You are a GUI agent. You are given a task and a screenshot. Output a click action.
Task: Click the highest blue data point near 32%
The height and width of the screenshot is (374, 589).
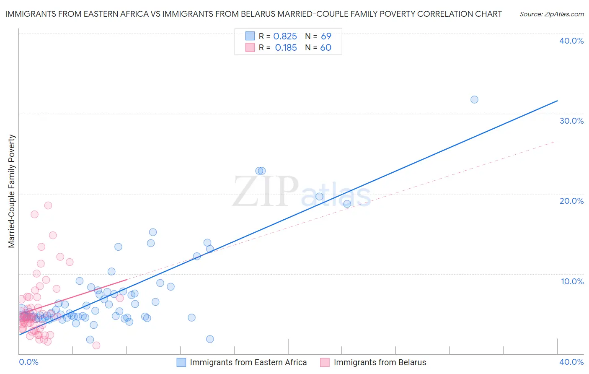pyautogui.click(x=474, y=100)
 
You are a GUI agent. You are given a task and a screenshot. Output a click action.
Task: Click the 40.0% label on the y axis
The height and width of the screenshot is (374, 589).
pyautogui.click(x=571, y=41)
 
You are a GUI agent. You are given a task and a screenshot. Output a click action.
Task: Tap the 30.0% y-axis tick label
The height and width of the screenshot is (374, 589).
pyautogui.click(x=571, y=121)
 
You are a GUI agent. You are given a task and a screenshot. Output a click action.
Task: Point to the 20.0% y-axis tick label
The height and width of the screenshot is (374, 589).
pyautogui.click(x=571, y=201)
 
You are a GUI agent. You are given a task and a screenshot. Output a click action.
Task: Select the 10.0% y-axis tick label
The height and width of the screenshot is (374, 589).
pyautogui.click(x=572, y=281)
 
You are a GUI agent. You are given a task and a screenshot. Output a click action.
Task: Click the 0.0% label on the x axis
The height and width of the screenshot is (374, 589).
pyautogui.click(x=28, y=362)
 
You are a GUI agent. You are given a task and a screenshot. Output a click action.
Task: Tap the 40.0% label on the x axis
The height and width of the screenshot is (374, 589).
pyautogui.click(x=571, y=362)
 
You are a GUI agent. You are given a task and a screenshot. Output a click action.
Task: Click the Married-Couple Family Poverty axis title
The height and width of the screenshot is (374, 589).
pyautogui.click(x=12, y=191)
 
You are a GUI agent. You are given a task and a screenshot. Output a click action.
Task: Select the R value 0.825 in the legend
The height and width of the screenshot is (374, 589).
pyautogui.click(x=285, y=36)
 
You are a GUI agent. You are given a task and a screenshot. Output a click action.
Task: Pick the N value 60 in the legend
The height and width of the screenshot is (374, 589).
pyautogui.click(x=325, y=48)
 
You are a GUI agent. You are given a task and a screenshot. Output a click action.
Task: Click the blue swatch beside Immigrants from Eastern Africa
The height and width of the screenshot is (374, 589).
pyautogui.click(x=181, y=362)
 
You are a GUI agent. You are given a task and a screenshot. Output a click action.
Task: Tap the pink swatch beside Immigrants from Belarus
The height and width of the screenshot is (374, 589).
pyautogui.click(x=325, y=362)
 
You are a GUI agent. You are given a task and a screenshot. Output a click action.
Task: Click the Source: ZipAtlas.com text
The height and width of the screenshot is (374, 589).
pyautogui.click(x=551, y=14)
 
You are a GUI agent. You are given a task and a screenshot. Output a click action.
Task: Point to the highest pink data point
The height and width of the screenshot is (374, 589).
pyautogui.click(x=48, y=205)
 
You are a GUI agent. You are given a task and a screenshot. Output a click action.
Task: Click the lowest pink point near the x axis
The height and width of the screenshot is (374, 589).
pyautogui.click(x=96, y=345)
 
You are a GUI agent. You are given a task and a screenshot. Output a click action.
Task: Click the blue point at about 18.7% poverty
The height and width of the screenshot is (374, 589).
pyautogui.click(x=347, y=204)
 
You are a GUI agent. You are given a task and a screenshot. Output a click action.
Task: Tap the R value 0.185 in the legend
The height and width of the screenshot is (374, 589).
pyautogui.click(x=286, y=48)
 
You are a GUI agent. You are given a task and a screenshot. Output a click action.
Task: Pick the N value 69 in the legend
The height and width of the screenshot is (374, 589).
pyautogui.click(x=326, y=36)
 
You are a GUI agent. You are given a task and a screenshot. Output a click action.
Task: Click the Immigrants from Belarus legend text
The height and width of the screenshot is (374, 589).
pyautogui.click(x=380, y=362)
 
